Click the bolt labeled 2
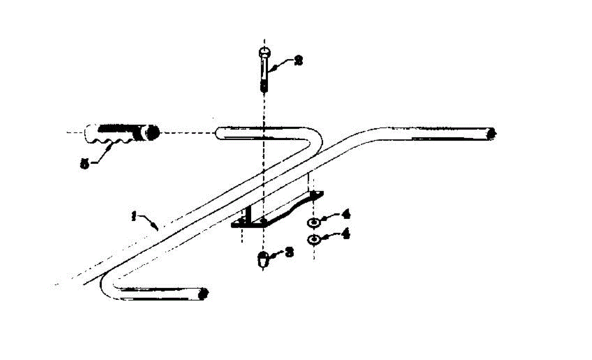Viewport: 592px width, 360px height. coord(264,69)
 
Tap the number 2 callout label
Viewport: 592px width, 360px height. coord(298,61)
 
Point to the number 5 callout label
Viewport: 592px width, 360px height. coord(85,163)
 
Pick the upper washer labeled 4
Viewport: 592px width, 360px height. coord(313,222)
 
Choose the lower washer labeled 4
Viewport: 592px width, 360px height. coord(313,240)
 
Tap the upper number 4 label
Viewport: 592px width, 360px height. coord(346,216)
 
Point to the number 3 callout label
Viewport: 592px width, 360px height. coord(290,252)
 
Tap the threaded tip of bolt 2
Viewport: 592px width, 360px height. coord(264,87)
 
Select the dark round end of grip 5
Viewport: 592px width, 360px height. coord(152,133)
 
